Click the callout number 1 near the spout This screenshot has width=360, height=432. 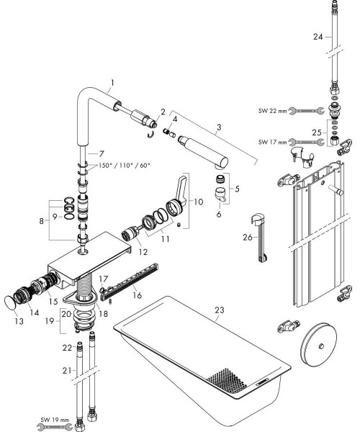click(x=112, y=84)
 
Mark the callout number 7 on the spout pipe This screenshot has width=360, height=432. click(x=102, y=154)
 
